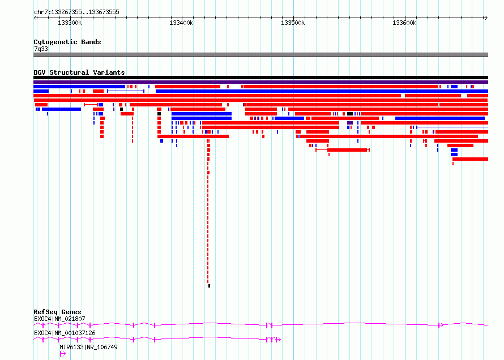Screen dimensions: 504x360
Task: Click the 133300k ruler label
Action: coord(70,23)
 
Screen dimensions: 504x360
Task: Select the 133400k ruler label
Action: coord(181,23)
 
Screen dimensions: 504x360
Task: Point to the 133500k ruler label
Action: coord(293,23)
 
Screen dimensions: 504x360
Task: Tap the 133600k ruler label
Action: coord(404,23)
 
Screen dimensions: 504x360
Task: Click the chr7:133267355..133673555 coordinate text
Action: coord(76,12)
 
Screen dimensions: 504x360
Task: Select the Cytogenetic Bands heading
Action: coord(67,42)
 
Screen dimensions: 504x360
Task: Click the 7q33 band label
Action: coord(41,49)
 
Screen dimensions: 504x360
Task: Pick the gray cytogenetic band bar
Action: coord(260,55)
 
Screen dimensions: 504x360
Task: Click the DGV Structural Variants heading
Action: coord(79,72)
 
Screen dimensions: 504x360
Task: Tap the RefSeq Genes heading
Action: coord(57,312)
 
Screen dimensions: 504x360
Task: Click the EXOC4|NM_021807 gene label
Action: coord(59,319)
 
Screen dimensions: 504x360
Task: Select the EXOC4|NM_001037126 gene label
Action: coord(65,333)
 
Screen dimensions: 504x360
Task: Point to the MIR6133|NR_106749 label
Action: coord(88,347)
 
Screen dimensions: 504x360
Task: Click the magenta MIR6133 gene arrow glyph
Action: coord(63,354)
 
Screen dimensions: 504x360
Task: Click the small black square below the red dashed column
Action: coord(210,286)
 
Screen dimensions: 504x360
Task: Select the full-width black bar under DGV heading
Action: coord(260,78)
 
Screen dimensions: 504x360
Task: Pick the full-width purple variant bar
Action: coord(260,82)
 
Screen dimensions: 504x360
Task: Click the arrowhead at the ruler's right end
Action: coord(486,18)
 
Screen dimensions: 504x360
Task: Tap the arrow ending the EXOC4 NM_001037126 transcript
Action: coord(279,340)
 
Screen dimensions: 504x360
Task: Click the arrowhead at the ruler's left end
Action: coord(35,18)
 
